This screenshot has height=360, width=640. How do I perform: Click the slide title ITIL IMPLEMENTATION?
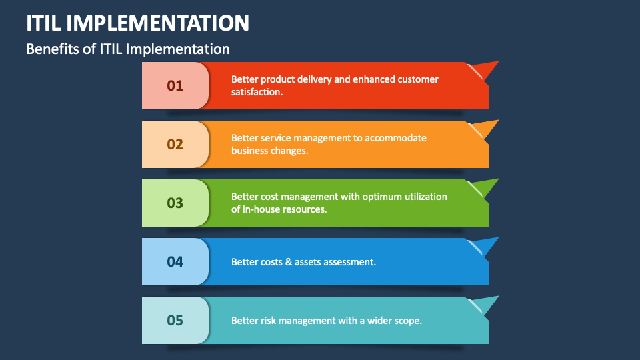point(138,23)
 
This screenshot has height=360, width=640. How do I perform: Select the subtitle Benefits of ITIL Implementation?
point(127,49)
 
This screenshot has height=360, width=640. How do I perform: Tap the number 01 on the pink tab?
point(175,86)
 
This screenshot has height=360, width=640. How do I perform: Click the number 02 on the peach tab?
point(175,145)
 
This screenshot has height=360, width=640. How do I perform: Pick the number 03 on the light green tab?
point(175,203)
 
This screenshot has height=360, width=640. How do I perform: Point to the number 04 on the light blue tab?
point(175,262)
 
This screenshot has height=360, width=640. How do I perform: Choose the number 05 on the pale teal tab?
point(175,321)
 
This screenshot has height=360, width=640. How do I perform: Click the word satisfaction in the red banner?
point(257,92)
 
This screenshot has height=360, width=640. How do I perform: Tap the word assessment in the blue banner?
point(349,262)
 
